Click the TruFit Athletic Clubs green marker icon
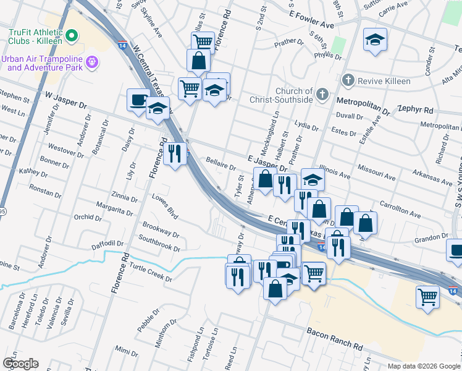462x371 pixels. click(72, 36)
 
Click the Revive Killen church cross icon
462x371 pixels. click(348, 80)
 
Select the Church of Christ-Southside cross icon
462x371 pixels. click(321, 94)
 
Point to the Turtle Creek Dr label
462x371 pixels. click(150, 272)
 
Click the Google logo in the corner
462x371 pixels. click(21, 364)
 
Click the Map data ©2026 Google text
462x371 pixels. click(423, 366)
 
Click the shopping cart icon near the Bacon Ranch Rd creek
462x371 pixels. click(427, 296)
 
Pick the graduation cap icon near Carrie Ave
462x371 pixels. click(374, 40)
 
